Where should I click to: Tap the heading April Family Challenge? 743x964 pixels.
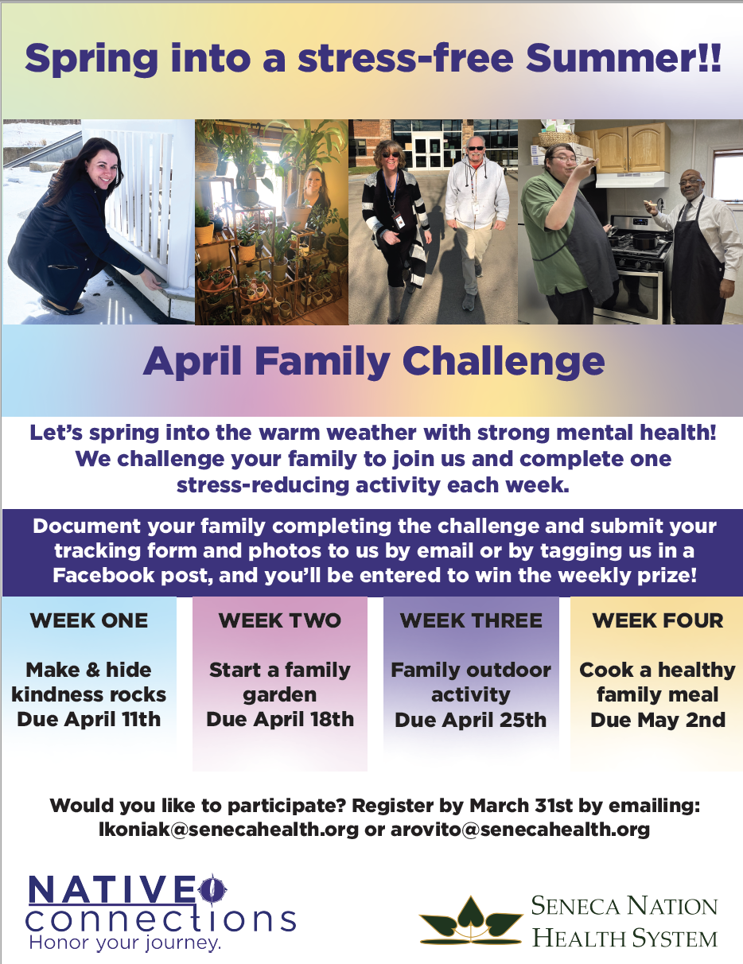coord(373,362)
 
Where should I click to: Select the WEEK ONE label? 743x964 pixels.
coord(89,621)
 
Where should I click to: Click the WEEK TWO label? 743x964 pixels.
coord(279,621)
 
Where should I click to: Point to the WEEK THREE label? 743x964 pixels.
coord(471,621)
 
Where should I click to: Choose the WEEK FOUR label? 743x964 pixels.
coord(658,621)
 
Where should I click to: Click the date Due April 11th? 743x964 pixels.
coord(89,720)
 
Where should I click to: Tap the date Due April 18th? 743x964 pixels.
coord(279,720)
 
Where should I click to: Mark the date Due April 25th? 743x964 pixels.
coord(471,720)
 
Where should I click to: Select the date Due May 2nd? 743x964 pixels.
coord(658,720)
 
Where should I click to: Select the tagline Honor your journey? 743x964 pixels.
coord(124,944)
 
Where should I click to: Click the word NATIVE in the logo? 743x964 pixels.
coord(111,889)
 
